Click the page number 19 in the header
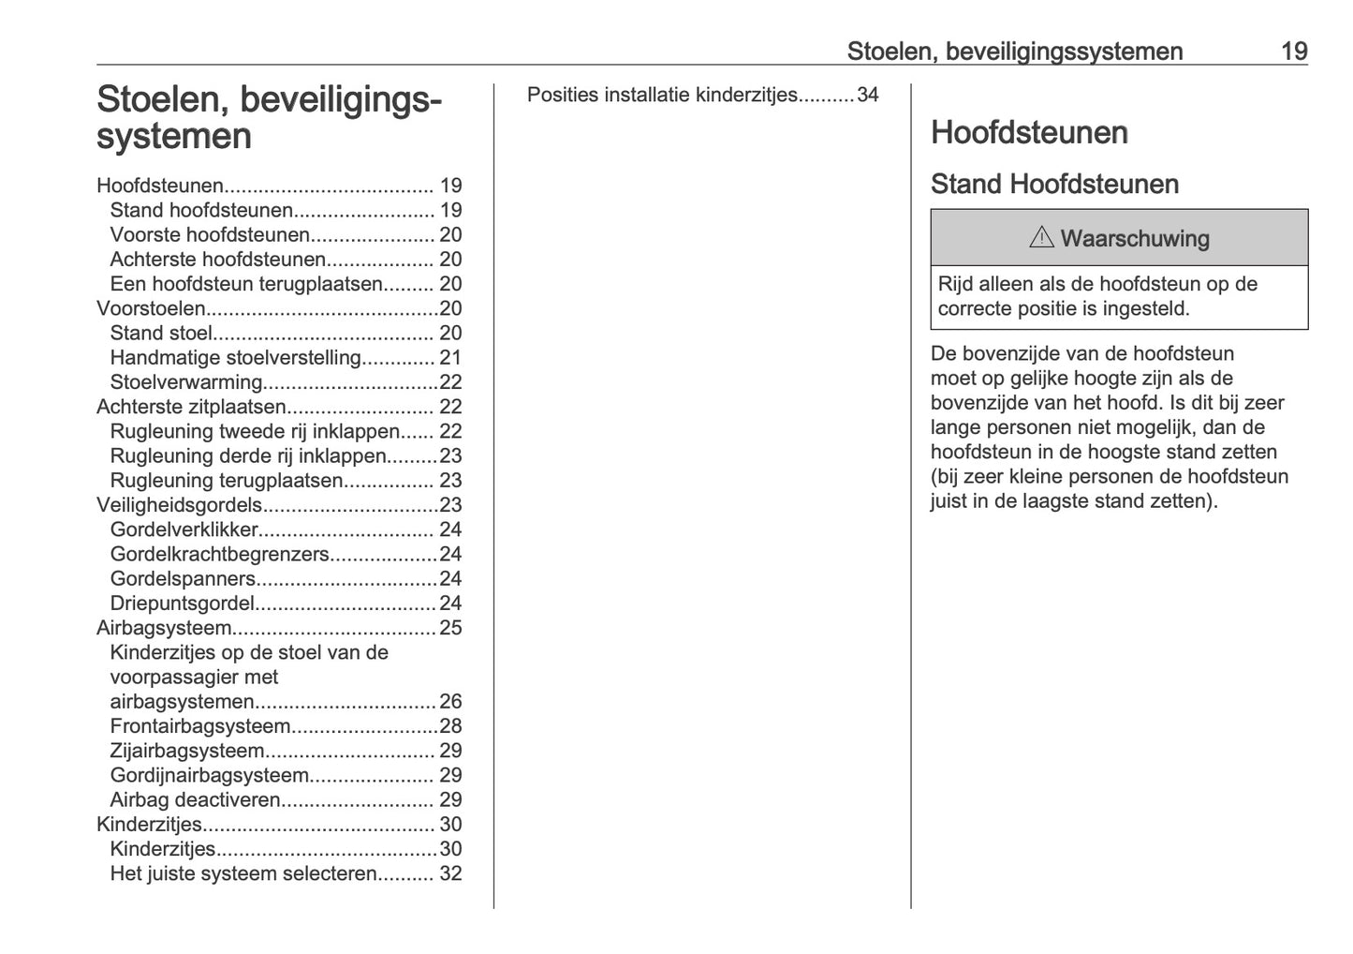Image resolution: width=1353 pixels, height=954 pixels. tap(1293, 52)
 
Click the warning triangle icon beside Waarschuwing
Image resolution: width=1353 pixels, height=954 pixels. tap(1040, 238)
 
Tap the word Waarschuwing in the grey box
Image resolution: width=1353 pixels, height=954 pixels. tap(1134, 239)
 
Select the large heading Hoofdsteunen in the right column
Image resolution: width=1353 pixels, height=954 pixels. tap(1028, 133)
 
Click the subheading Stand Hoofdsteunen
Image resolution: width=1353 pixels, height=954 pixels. tap(1053, 185)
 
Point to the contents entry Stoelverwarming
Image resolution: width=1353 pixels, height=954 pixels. tap(185, 382)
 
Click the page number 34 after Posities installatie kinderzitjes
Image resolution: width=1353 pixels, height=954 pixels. tap(867, 95)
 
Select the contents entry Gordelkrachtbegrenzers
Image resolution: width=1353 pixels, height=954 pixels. tap(219, 555)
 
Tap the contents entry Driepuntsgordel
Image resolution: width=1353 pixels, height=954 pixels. tap(182, 604)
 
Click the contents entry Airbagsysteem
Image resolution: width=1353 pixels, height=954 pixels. tap(164, 628)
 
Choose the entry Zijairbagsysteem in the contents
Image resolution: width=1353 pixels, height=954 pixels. tap(186, 751)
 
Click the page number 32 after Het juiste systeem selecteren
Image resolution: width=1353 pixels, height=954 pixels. tap(450, 874)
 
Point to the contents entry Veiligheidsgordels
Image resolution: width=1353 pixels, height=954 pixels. tap(179, 505)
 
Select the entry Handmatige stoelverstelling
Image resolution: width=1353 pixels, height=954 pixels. tap(235, 358)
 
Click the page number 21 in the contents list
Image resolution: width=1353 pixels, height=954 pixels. tap(450, 358)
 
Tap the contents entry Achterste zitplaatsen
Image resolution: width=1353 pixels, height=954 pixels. tap(191, 407)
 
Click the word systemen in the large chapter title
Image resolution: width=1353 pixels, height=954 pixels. tap(174, 137)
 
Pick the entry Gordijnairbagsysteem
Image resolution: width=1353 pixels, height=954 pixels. tap(209, 776)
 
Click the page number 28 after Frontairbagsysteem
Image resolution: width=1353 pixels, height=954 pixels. tap(450, 726)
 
